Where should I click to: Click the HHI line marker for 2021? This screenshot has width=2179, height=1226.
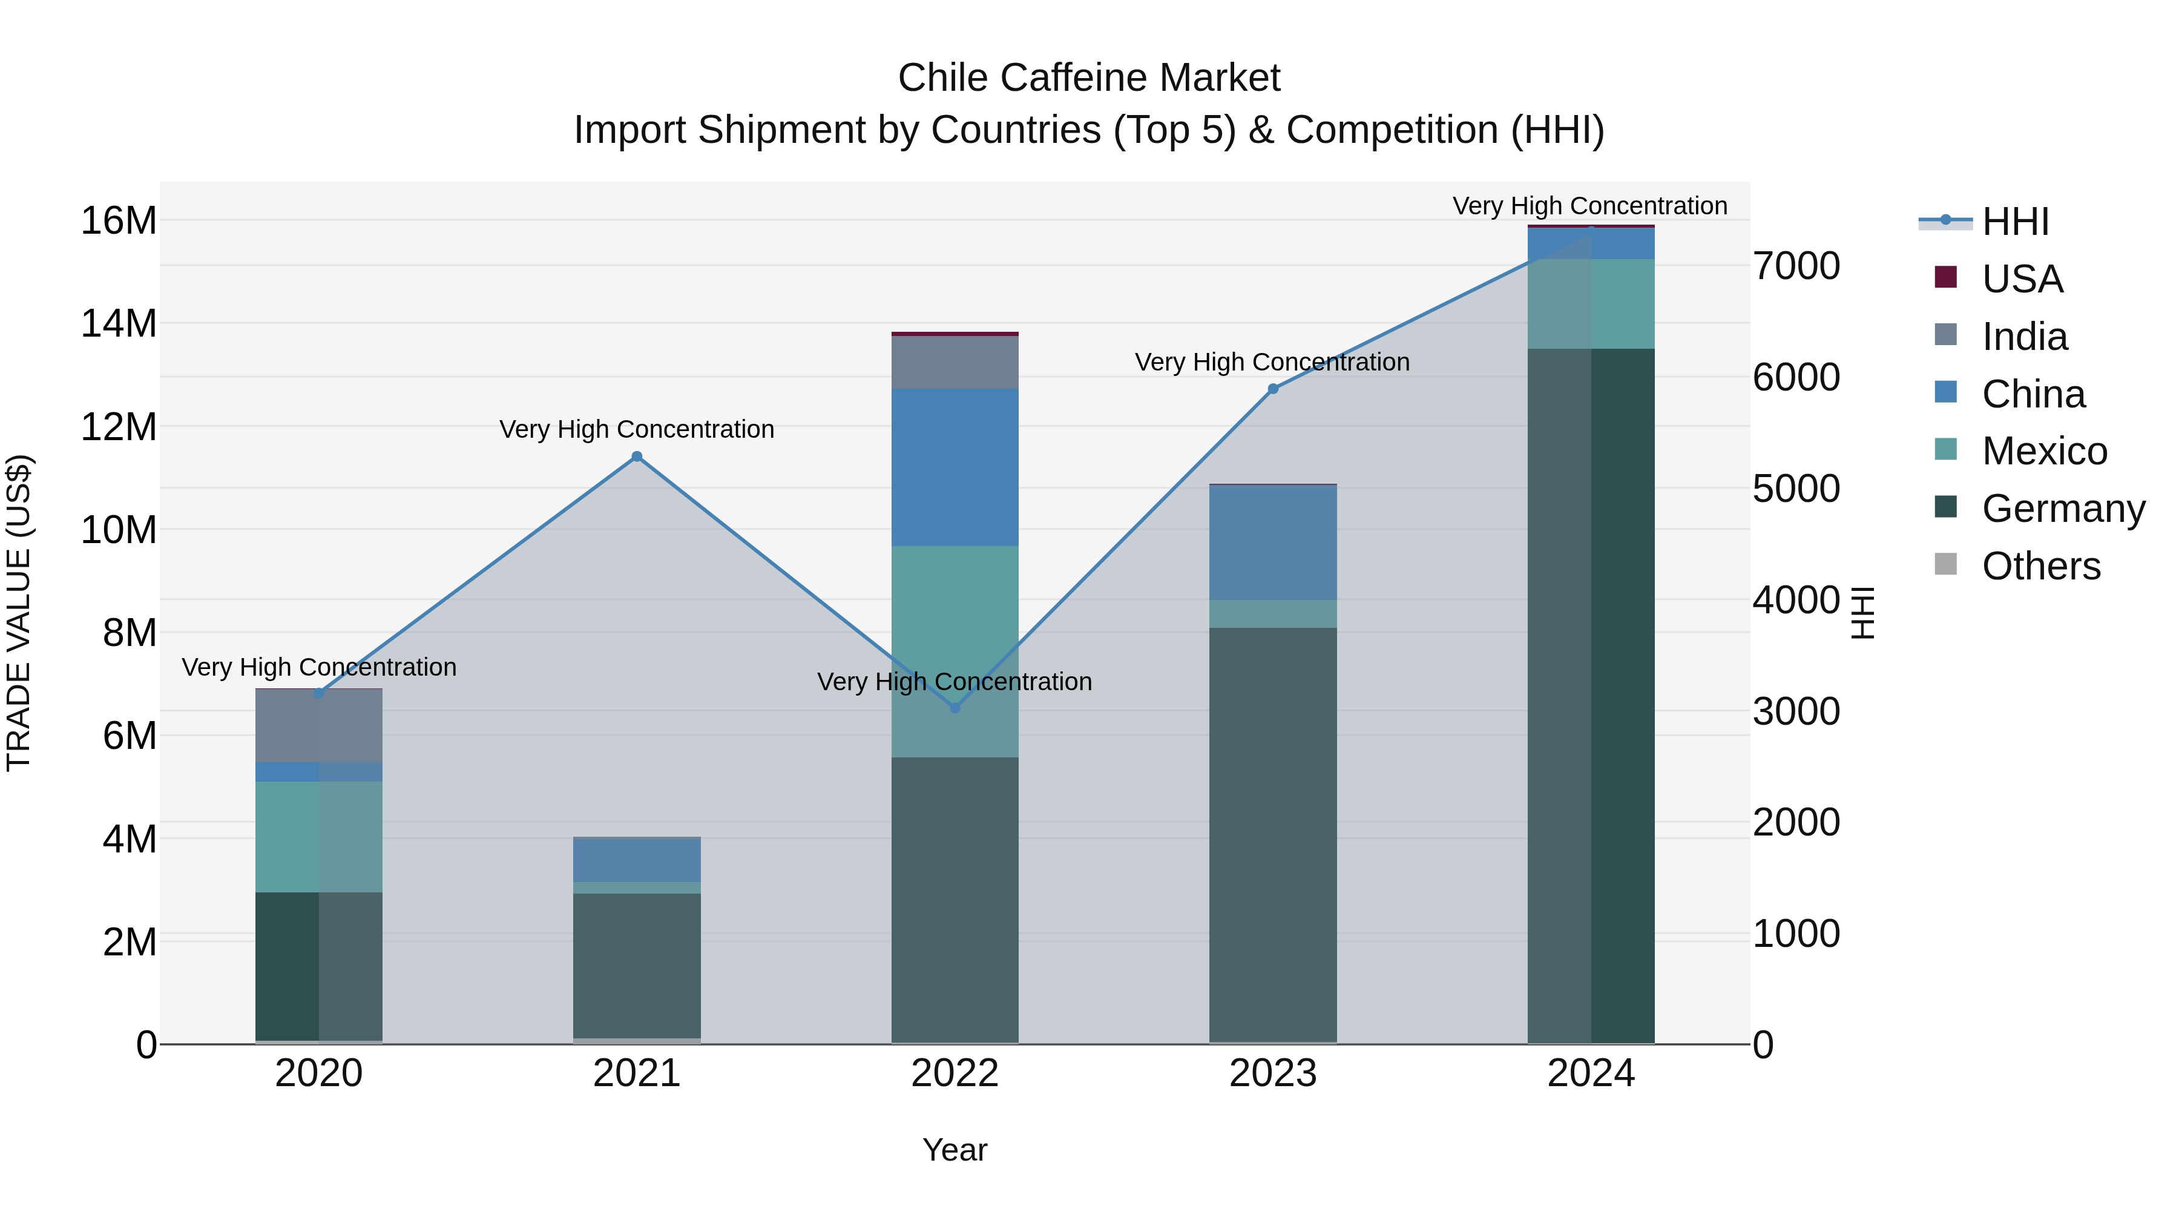click(x=637, y=457)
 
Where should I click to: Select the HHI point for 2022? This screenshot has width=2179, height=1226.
click(x=955, y=707)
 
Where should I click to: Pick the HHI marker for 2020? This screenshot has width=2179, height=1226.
click(x=319, y=694)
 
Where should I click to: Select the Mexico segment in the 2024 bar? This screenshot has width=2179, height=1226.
click(x=1591, y=304)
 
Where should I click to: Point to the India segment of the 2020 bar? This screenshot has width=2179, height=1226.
click(x=319, y=726)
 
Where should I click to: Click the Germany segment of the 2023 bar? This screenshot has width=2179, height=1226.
click(x=1273, y=834)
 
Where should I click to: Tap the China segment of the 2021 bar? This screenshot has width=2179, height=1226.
click(x=637, y=860)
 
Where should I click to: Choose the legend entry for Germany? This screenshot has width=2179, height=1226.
click(x=2062, y=509)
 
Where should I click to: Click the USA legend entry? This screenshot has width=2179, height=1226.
click(x=2022, y=279)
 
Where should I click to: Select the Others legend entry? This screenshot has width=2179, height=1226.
click(x=2040, y=566)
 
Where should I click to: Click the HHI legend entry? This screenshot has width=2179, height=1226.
click(x=2015, y=222)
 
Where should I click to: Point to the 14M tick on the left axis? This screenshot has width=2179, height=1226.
click(x=119, y=323)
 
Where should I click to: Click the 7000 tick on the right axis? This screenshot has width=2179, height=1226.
click(x=1796, y=266)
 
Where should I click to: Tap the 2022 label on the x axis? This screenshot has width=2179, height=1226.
click(x=955, y=1073)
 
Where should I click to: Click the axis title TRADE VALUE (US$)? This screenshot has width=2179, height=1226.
click(x=19, y=613)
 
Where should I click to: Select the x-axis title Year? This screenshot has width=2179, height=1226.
click(x=955, y=1150)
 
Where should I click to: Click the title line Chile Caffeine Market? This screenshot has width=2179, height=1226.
click(x=1089, y=78)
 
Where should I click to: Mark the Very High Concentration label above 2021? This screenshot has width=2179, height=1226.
click(x=637, y=429)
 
